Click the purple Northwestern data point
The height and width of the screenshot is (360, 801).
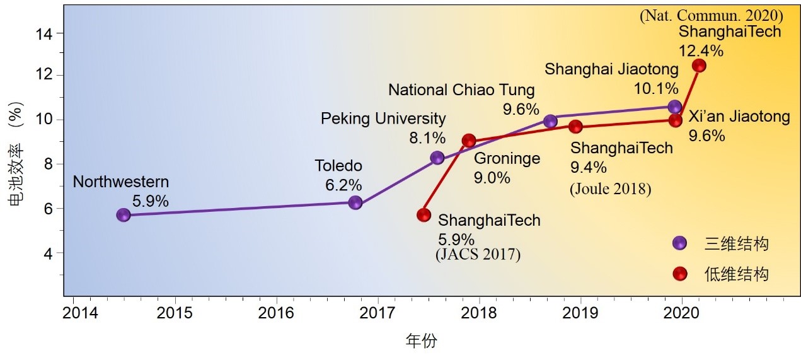pos(124,215)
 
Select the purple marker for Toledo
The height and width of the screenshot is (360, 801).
pos(355,202)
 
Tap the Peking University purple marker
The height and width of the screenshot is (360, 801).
pos(437,158)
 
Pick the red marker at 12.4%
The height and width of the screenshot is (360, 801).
pos(699,66)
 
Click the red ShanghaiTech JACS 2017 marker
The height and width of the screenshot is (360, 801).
pos(424,215)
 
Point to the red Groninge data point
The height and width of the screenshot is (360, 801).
pos(468,141)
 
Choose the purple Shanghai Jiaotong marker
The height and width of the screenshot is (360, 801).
pos(675,107)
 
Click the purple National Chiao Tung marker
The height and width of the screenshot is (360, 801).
pos(550,121)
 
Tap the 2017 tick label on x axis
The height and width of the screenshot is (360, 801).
pos(377,312)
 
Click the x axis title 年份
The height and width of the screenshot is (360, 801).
pos(420,341)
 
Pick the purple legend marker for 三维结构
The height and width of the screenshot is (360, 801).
pos(679,243)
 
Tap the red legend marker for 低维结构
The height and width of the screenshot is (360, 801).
pos(679,274)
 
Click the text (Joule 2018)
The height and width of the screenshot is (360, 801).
pos(610,189)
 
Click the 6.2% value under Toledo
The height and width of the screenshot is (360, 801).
pos(343,185)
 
